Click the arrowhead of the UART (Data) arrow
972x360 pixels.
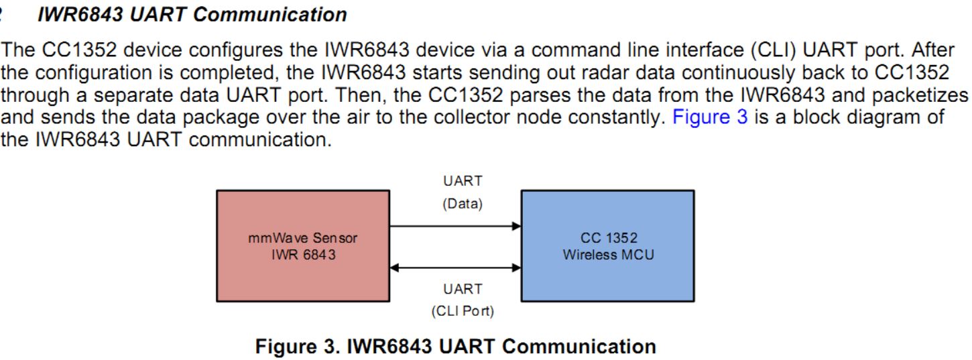click(516, 227)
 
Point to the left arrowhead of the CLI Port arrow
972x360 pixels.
click(395, 268)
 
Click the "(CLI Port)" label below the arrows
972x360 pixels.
click(463, 312)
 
